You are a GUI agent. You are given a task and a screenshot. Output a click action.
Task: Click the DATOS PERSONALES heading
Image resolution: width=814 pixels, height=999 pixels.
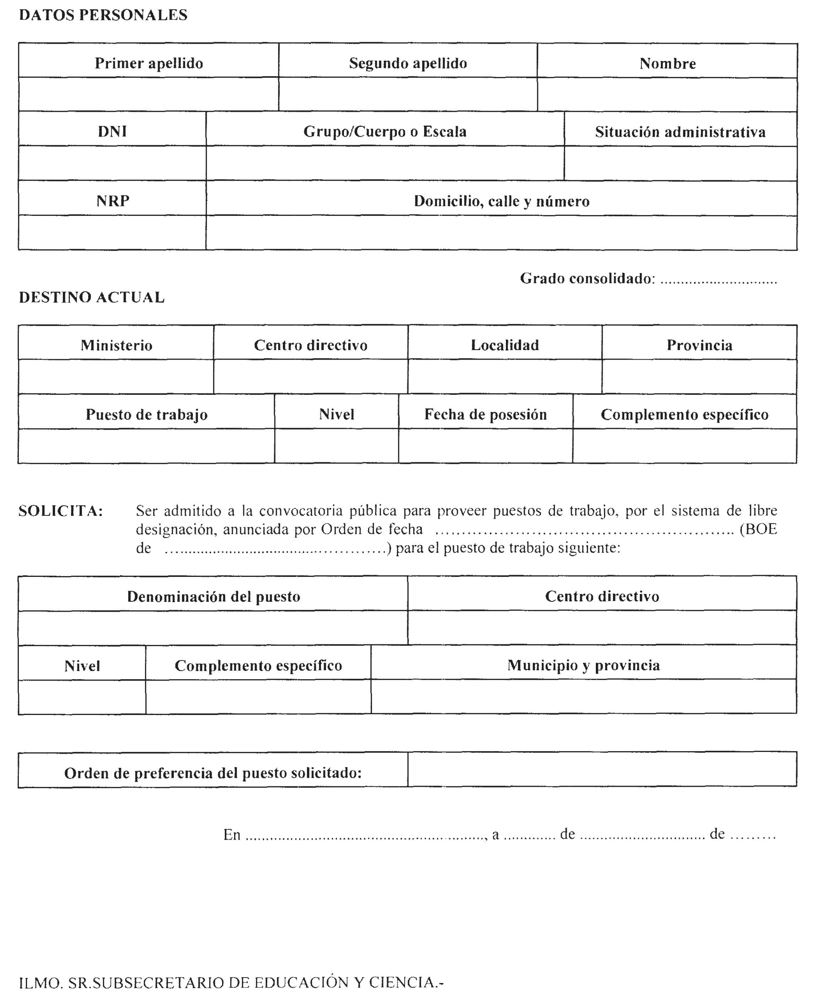[x=103, y=15]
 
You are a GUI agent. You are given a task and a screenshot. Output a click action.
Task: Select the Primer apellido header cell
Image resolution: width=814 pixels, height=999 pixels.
[x=149, y=63]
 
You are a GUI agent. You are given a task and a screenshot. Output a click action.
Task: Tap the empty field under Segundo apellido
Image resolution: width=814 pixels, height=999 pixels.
[x=408, y=94]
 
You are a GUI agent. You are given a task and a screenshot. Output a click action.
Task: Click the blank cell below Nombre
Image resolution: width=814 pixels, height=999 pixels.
[x=667, y=95]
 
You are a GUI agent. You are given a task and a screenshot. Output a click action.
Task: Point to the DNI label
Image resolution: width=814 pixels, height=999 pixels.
[x=113, y=132]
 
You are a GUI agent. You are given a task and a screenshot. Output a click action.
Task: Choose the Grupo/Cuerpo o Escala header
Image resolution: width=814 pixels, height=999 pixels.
[x=385, y=132]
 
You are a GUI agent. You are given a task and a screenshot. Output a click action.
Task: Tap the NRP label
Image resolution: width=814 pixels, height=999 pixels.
[x=113, y=201]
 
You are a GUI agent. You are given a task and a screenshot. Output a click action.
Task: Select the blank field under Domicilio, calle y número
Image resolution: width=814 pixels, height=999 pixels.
[x=501, y=233]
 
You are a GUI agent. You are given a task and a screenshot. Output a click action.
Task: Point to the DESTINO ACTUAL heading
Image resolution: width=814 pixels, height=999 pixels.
[x=92, y=297]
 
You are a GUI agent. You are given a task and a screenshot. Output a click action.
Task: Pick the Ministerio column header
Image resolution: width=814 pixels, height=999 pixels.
[x=116, y=345]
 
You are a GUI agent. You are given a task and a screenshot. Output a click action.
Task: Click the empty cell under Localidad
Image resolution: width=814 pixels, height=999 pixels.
[x=505, y=377]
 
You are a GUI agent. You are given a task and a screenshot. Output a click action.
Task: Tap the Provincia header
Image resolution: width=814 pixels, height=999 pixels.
[x=699, y=345]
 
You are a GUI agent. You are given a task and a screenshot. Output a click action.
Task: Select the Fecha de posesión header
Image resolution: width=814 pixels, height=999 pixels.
[x=485, y=414]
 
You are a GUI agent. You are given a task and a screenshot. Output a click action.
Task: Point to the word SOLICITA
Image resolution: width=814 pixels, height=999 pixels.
[x=60, y=511]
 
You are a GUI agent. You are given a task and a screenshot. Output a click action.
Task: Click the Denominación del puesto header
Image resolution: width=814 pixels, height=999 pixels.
[x=213, y=596]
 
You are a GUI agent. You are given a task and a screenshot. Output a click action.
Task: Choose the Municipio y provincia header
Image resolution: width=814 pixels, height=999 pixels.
[x=583, y=665]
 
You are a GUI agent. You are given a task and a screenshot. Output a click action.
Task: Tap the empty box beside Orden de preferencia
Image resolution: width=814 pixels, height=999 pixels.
[x=602, y=769]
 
